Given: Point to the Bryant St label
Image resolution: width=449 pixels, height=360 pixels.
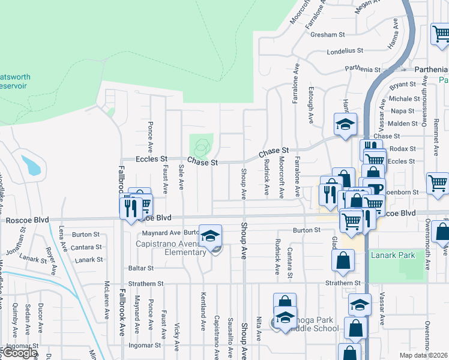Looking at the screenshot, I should coord(403,85).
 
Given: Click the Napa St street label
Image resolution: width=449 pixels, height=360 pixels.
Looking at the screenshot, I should coord(403,111).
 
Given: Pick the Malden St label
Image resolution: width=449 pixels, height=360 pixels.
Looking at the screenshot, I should coord(403,124).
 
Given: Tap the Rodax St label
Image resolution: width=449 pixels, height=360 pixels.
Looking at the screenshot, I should coord(403,149).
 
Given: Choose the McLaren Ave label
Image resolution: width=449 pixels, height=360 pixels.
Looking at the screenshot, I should coord(106,301).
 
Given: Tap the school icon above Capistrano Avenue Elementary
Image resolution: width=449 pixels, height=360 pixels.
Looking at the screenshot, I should coord(210,236).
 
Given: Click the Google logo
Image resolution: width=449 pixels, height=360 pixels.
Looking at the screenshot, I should coord(20,353).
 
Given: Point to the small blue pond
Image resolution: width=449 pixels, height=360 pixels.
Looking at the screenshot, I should coord(31,165).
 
